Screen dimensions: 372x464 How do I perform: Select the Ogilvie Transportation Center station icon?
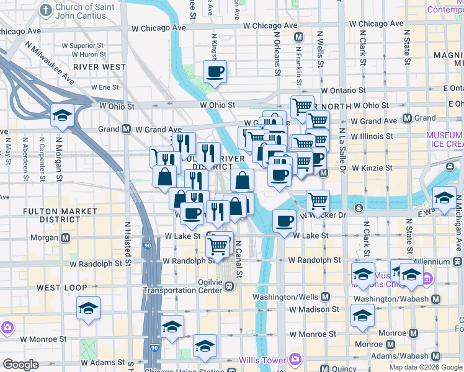230,286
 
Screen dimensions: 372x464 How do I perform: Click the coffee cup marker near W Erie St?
215,72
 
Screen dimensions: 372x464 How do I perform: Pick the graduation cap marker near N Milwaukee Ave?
62,115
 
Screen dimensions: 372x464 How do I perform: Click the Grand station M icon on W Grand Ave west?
126,129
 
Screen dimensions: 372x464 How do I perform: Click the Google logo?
20,365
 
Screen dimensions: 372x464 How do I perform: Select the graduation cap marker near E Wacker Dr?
444,199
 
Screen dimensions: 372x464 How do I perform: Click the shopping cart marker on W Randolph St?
218,247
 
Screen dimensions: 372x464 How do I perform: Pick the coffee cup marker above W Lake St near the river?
285,221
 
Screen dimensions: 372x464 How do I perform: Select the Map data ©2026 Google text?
425,367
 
